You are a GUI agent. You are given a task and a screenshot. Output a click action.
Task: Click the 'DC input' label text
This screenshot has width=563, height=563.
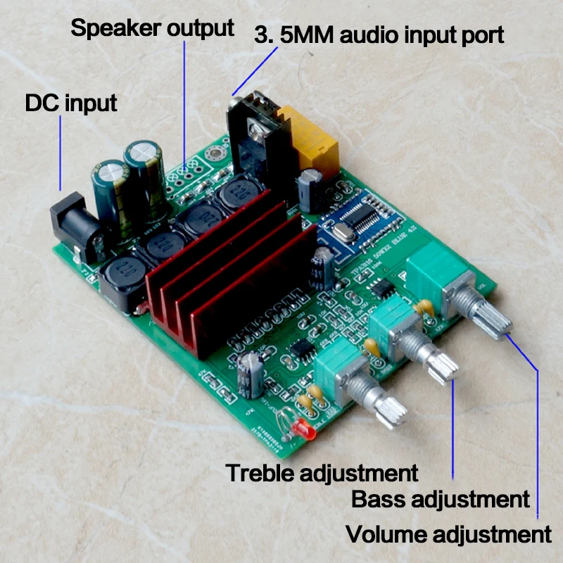pyautogui.click(x=70, y=103)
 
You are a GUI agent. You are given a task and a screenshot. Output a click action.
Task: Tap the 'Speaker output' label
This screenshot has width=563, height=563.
pyautogui.click(x=152, y=28)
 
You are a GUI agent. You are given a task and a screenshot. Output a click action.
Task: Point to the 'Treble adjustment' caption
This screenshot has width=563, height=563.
pyautogui.click(x=322, y=473)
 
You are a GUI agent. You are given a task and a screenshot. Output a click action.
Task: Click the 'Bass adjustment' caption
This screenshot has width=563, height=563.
pyautogui.click(x=440, y=500)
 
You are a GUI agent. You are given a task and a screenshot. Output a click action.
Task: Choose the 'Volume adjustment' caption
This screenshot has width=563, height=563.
pyautogui.click(x=448, y=534)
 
